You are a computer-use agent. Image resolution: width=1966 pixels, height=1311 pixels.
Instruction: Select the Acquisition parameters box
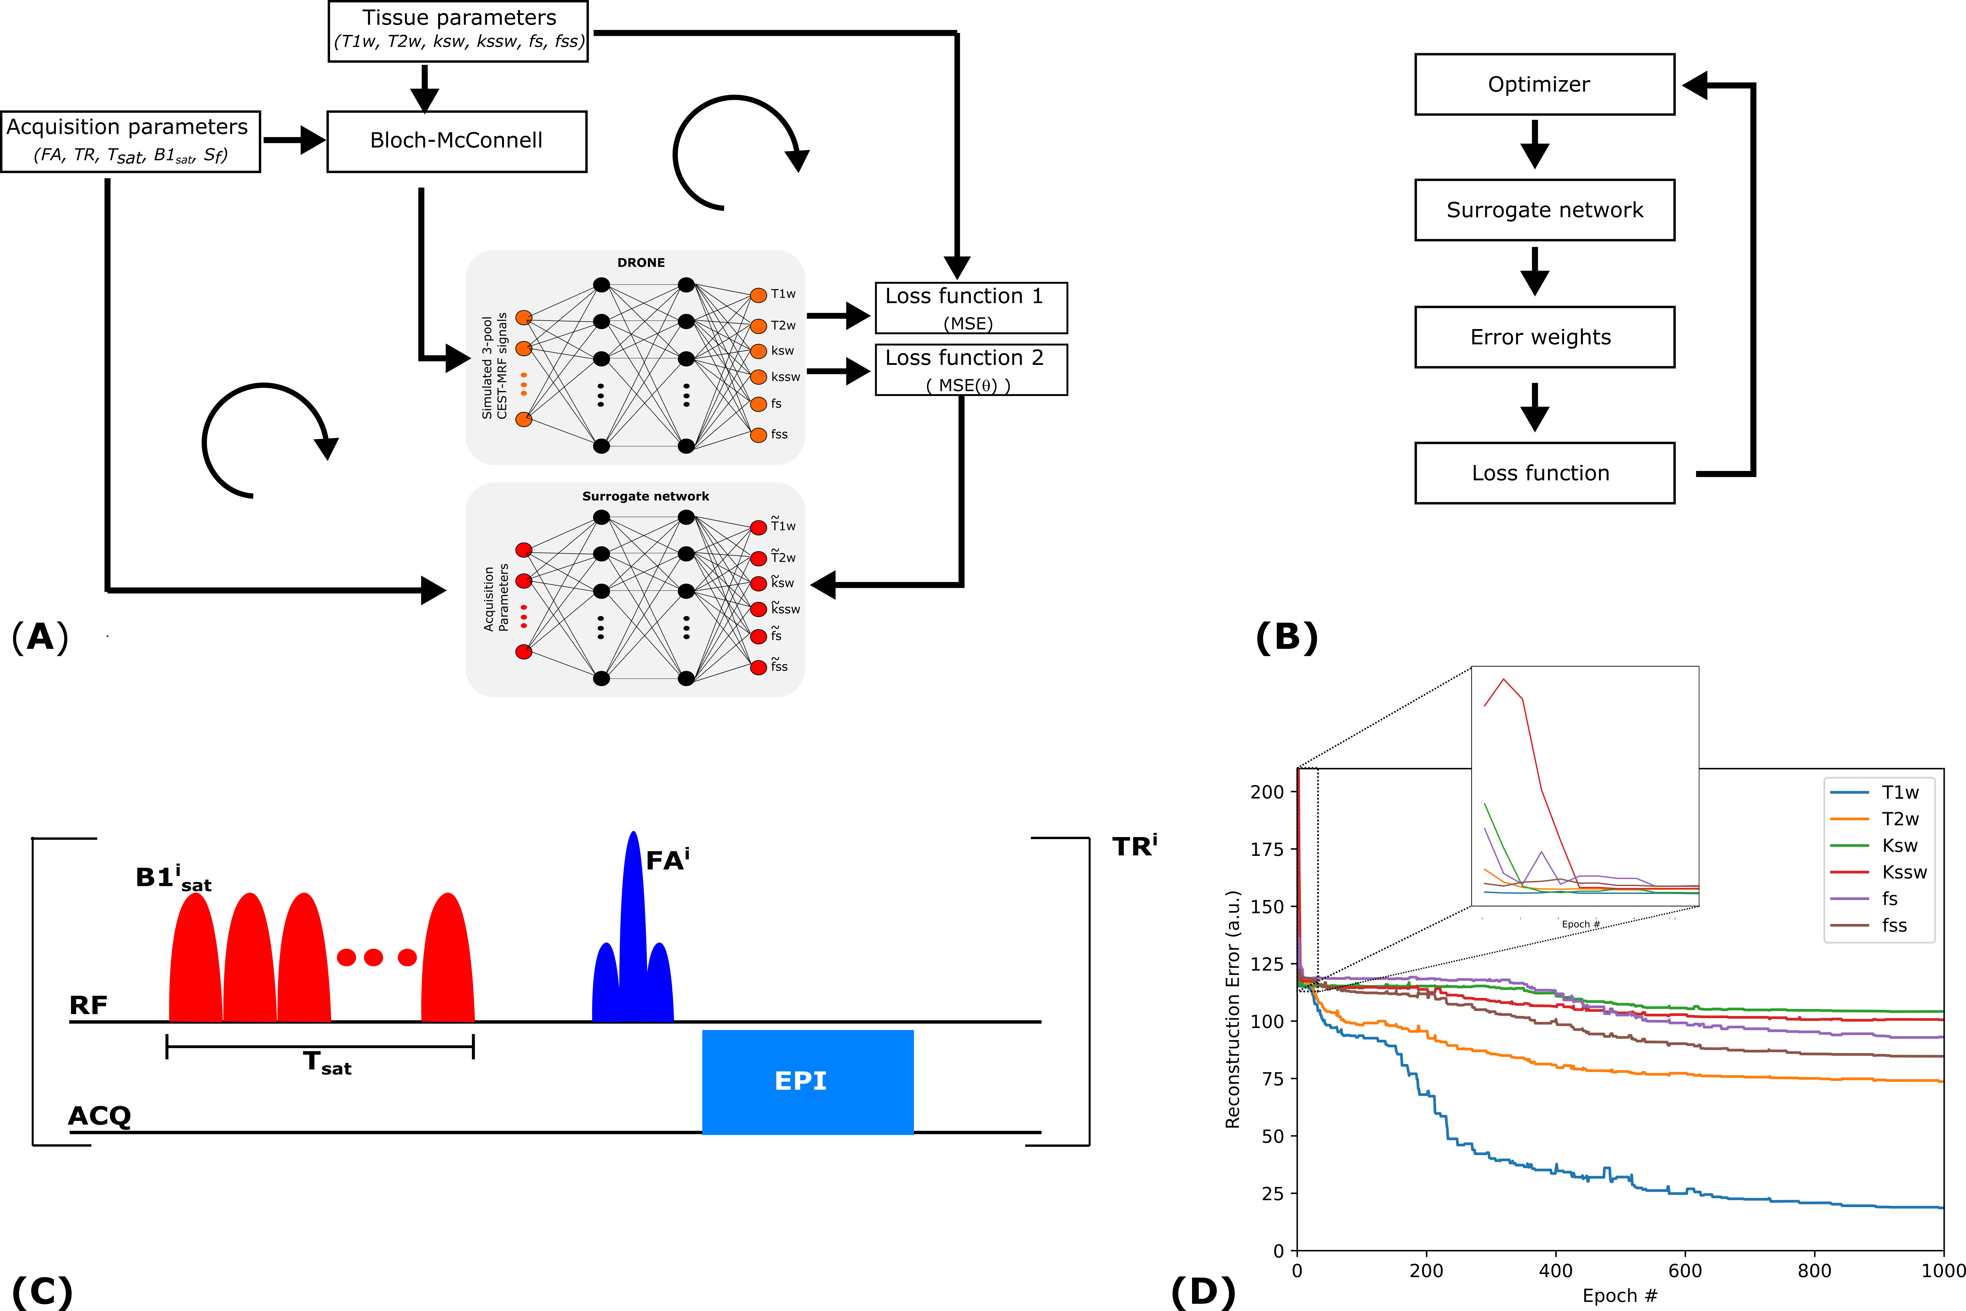[130, 141]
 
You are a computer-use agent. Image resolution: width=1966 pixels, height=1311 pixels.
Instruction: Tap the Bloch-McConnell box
[456, 141]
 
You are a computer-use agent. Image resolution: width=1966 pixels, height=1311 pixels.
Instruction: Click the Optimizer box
[1544, 84]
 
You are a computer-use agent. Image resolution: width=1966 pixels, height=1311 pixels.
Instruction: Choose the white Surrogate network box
[1544, 210]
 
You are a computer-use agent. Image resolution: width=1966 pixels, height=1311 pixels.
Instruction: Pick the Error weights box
[1544, 337]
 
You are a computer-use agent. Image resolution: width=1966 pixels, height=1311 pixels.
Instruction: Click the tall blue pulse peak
[633, 903]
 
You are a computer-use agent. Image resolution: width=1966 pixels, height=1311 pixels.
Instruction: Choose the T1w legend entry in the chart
[1900, 793]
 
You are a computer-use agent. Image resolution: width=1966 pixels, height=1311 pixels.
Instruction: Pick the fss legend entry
[1894, 926]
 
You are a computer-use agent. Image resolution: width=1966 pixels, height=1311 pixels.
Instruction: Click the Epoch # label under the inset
[1580, 924]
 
